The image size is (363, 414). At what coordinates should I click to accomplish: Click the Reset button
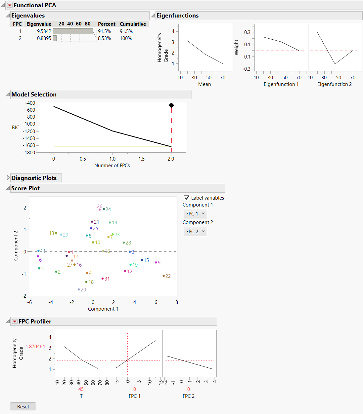click(x=23, y=406)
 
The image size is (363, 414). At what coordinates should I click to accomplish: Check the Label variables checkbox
click(x=187, y=198)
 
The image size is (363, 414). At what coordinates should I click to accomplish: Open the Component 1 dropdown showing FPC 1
click(x=195, y=214)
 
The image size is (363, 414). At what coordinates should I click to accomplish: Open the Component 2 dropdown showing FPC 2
click(x=195, y=232)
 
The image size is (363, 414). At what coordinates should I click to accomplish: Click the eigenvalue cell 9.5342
click(x=44, y=31)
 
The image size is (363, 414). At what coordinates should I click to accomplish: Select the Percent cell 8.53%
click(x=105, y=38)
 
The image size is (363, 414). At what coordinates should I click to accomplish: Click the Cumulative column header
click(x=133, y=24)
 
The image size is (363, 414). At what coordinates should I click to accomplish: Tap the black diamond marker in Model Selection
click(x=171, y=105)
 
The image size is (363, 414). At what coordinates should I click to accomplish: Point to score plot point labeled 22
click(x=163, y=276)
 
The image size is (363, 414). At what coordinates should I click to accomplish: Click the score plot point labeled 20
click(x=79, y=289)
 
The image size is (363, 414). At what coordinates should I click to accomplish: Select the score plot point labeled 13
click(x=56, y=233)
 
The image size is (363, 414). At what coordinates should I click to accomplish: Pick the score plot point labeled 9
click(x=156, y=262)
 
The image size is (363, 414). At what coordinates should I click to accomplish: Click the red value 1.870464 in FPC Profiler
click(x=35, y=347)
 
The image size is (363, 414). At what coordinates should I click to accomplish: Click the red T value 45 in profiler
click(x=81, y=389)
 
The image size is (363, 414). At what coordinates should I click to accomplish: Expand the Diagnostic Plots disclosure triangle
click(x=8, y=178)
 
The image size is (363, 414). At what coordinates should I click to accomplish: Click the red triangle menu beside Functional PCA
click(x=10, y=5)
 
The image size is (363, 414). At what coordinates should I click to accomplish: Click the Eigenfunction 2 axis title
click(x=334, y=84)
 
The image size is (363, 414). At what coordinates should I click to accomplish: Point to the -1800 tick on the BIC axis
click(x=29, y=153)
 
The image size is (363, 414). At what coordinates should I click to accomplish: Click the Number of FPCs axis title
click(x=112, y=166)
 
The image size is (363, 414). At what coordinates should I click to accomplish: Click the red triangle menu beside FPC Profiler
click(x=15, y=321)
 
